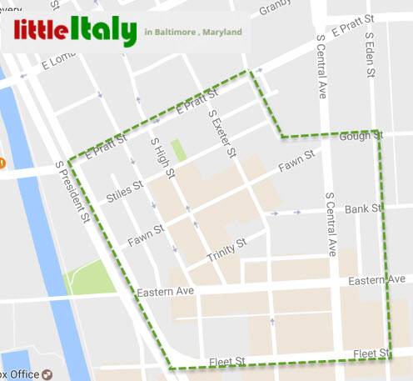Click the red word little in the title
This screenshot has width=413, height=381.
click(x=40, y=32)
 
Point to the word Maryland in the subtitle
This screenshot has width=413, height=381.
click(x=224, y=33)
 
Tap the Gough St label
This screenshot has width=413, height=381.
click(x=361, y=135)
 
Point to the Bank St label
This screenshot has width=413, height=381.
click(x=363, y=208)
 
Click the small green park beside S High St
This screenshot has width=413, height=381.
click(x=178, y=150)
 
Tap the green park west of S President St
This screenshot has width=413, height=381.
click(x=86, y=277)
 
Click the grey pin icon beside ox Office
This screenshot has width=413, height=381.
click(x=47, y=373)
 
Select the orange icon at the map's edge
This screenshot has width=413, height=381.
click(x=2, y=161)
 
